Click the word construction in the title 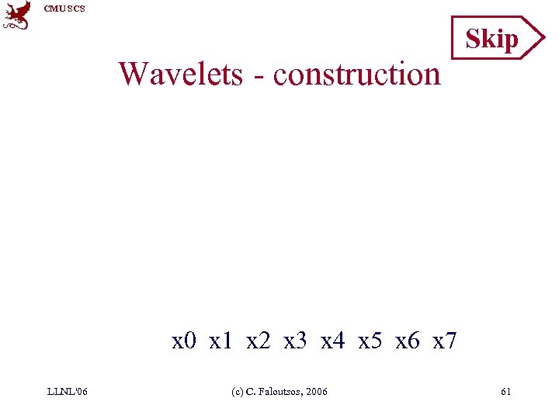pos(357,74)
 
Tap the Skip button pos(492,38)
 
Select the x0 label pos(184,340)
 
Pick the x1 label pos(221,340)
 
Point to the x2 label pos(259,340)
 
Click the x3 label pos(296,340)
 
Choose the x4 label pos(332,340)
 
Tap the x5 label pos(370,340)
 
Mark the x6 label pos(407,340)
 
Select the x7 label pos(444,340)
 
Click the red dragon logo pos(18,15)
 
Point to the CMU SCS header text pos(64,9)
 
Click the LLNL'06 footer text pos(68,392)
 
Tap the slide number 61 pos(505,392)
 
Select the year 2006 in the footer pos(317,392)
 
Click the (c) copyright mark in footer pos(238,392)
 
